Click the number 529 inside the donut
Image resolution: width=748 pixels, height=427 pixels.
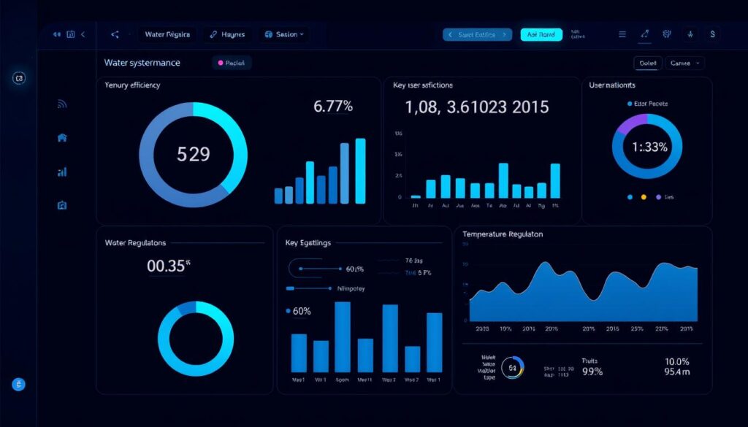coord(194,154)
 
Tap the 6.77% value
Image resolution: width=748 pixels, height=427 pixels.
coord(333,107)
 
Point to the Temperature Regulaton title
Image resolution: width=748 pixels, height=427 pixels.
coord(503,234)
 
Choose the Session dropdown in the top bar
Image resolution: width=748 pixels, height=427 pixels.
coord(286,34)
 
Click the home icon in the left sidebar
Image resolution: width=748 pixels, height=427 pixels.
coord(62,137)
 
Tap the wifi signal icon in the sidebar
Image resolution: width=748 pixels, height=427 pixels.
coord(62,104)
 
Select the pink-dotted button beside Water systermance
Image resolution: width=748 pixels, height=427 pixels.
coord(232,64)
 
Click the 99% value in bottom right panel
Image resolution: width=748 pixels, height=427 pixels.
coord(592,372)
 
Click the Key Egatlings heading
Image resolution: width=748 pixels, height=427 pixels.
coord(309,242)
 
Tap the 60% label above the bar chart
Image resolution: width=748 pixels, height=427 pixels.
coord(301,311)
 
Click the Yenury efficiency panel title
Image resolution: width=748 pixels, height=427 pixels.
coord(132,85)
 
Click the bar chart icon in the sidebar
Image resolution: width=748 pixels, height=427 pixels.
coord(62,172)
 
